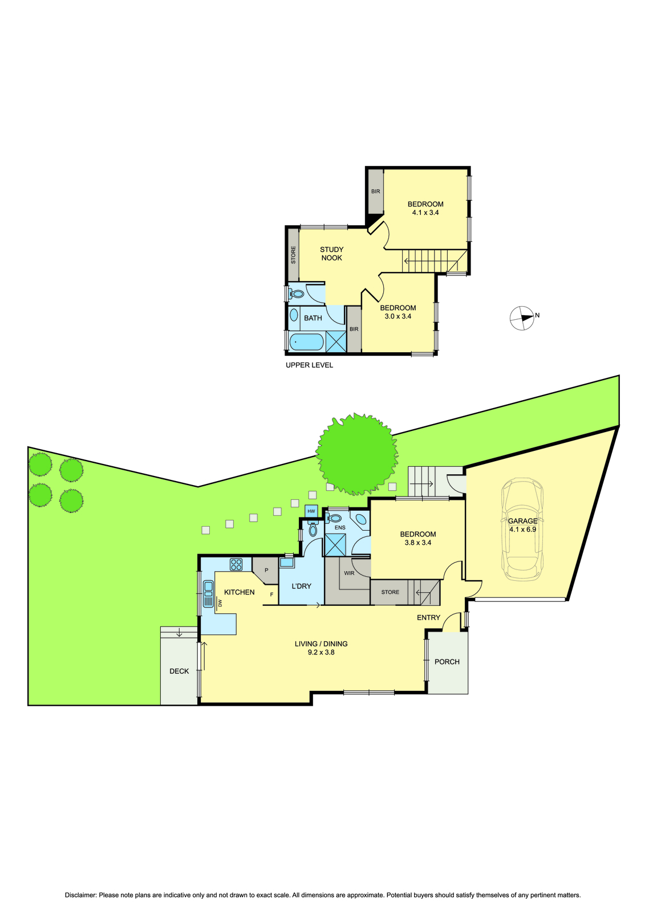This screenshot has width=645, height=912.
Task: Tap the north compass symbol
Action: point(522,318)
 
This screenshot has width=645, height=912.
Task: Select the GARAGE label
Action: point(522,521)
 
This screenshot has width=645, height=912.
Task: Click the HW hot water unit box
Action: point(311,511)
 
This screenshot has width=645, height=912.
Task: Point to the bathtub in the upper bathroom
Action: point(306,341)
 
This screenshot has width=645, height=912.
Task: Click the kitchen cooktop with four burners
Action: point(236,564)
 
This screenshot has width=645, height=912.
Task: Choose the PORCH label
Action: point(447,662)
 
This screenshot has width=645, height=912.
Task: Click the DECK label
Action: point(179,671)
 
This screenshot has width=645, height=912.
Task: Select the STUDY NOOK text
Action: point(332,253)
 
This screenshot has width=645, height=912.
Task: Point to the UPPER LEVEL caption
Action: point(309,365)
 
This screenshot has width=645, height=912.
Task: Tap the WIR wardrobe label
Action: point(349,573)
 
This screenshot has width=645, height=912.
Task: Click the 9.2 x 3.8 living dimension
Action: point(321,652)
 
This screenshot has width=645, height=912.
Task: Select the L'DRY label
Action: point(302,587)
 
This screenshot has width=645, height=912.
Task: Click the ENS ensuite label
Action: point(340,528)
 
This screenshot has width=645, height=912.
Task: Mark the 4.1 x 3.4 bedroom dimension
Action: point(425,212)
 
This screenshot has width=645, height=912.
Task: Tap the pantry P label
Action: point(266,570)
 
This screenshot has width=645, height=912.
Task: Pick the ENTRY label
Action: point(429,618)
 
